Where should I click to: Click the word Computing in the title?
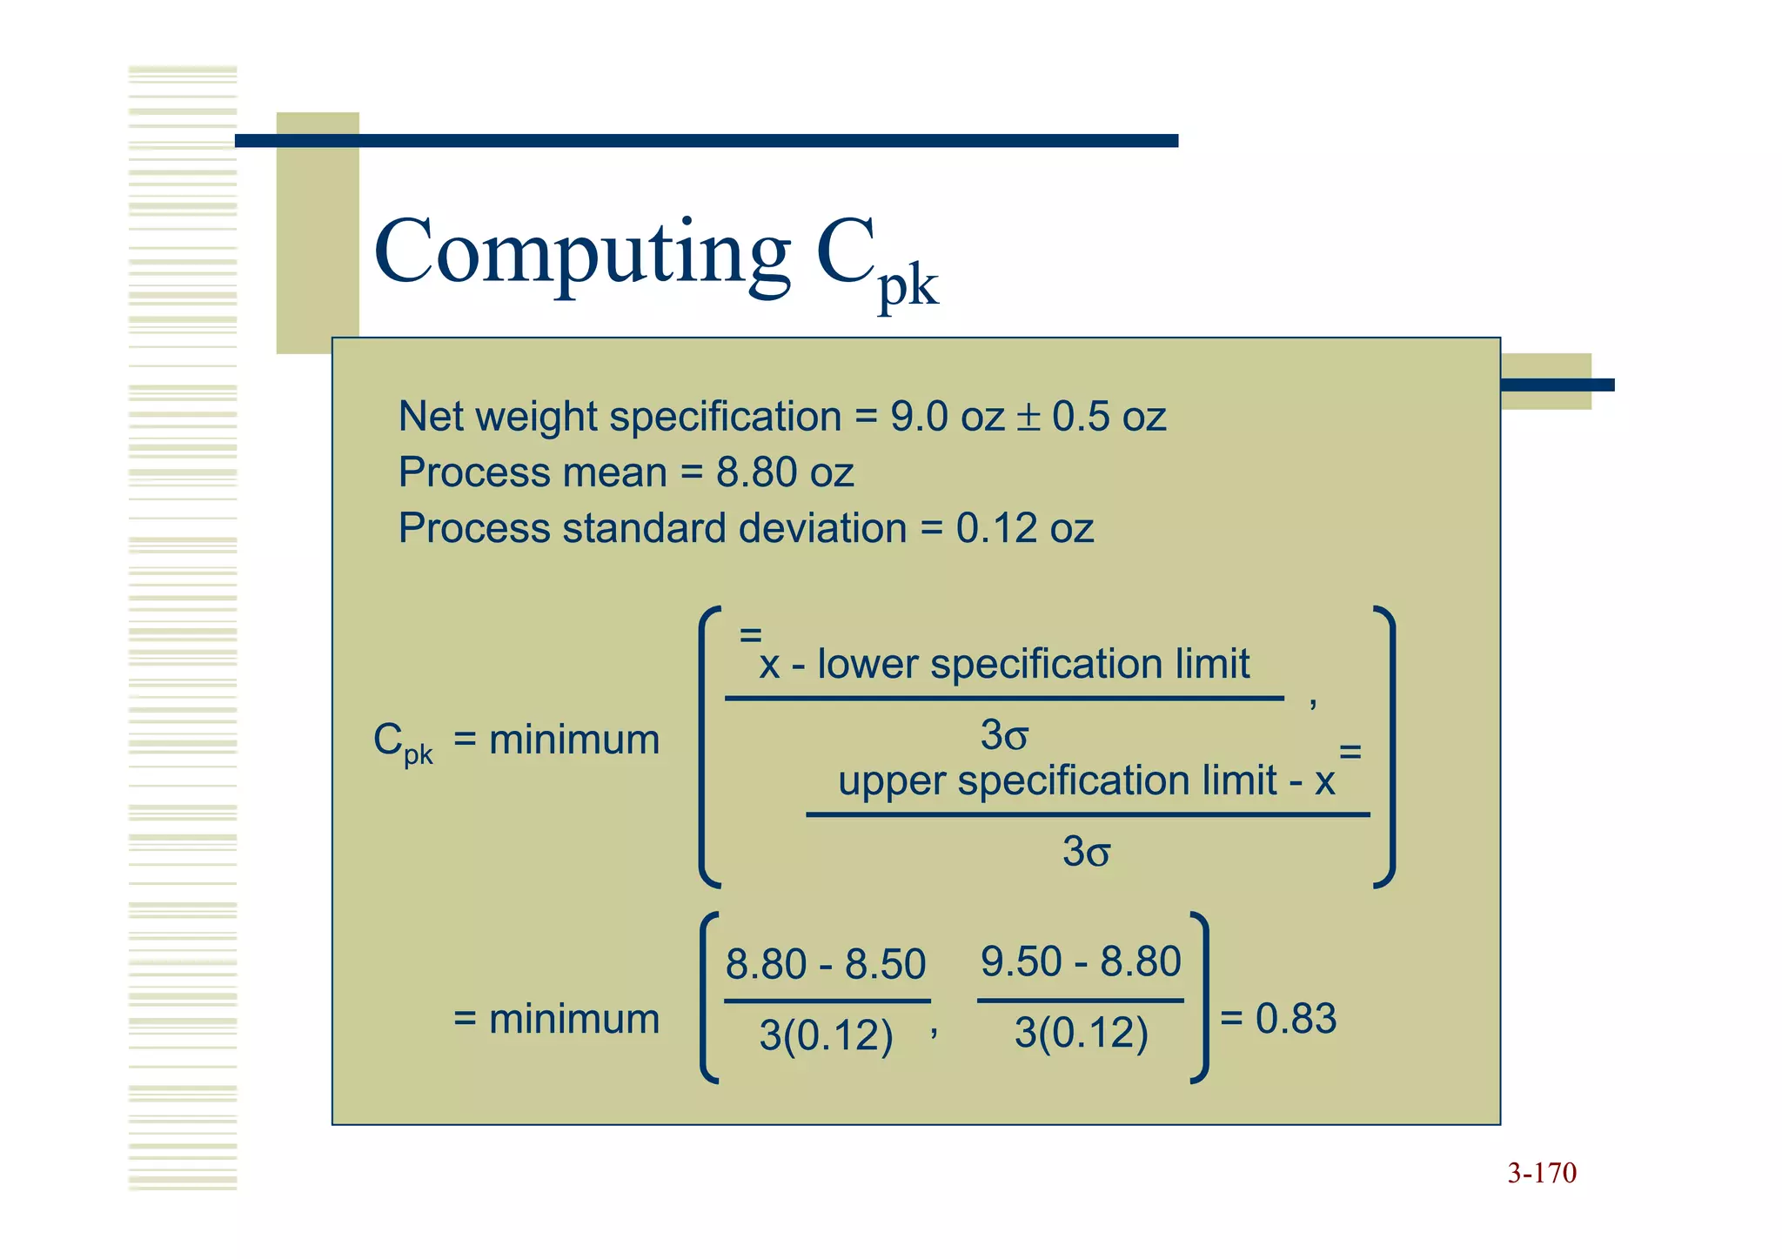click(x=581, y=252)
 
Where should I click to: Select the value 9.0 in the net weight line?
click(x=918, y=417)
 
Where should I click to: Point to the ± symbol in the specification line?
click(x=1028, y=417)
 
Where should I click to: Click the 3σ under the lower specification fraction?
click(x=1004, y=735)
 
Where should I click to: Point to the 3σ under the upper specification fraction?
click(x=1086, y=851)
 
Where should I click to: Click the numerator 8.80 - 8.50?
click(x=825, y=964)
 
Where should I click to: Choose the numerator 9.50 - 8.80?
click(x=1081, y=961)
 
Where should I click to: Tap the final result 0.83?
click(x=1296, y=1018)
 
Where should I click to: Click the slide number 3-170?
click(x=1542, y=1173)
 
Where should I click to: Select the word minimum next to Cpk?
click(x=574, y=740)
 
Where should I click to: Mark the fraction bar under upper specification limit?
click(x=1088, y=815)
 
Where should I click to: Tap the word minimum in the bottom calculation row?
click(x=574, y=1019)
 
